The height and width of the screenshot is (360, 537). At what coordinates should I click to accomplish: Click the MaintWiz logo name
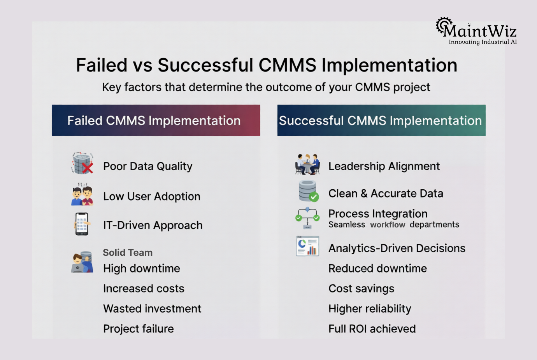pyautogui.click(x=479, y=30)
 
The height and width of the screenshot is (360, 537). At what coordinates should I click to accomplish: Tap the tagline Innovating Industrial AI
pyautogui.click(x=483, y=42)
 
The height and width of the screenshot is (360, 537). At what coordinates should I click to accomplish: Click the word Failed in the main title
pyautogui.click(x=102, y=65)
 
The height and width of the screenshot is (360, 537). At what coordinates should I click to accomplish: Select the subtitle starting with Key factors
pyautogui.click(x=266, y=87)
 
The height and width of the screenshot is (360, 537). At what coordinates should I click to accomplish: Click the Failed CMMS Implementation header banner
pyautogui.click(x=156, y=121)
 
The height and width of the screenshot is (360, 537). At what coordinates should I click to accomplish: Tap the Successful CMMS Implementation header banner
pyautogui.click(x=381, y=121)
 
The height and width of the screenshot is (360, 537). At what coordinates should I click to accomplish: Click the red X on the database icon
pyautogui.click(x=88, y=168)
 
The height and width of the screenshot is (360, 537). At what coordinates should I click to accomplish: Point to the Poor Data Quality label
pyautogui.click(x=147, y=166)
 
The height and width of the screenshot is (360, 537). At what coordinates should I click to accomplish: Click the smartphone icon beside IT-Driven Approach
pyautogui.click(x=82, y=224)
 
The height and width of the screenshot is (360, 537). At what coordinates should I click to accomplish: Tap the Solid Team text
pyautogui.click(x=128, y=253)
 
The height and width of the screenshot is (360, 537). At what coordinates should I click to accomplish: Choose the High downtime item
pyautogui.click(x=141, y=268)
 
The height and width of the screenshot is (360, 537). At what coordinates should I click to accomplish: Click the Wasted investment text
pyautogui.click(x=152, y=309)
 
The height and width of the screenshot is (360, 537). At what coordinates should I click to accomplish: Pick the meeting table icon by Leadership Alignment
pyautogui.click(x=307, y=164)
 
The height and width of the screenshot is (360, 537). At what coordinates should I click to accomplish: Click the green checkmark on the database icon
pyautogui.click(x=314, y=197)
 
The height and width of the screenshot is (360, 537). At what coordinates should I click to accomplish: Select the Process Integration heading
pyautogui.click(x=377, y=213)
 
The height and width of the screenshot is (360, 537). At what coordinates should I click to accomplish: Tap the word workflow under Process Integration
pyautogui.click(x=388, y=225)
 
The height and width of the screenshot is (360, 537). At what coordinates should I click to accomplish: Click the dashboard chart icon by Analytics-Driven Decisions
pyautogui.click(x=307, y=246)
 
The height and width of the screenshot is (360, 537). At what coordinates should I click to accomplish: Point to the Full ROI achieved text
pyautogui.click(x=372, y=329)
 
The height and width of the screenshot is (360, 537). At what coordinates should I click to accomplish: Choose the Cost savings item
pyautogui.click(x=361, y=288)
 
